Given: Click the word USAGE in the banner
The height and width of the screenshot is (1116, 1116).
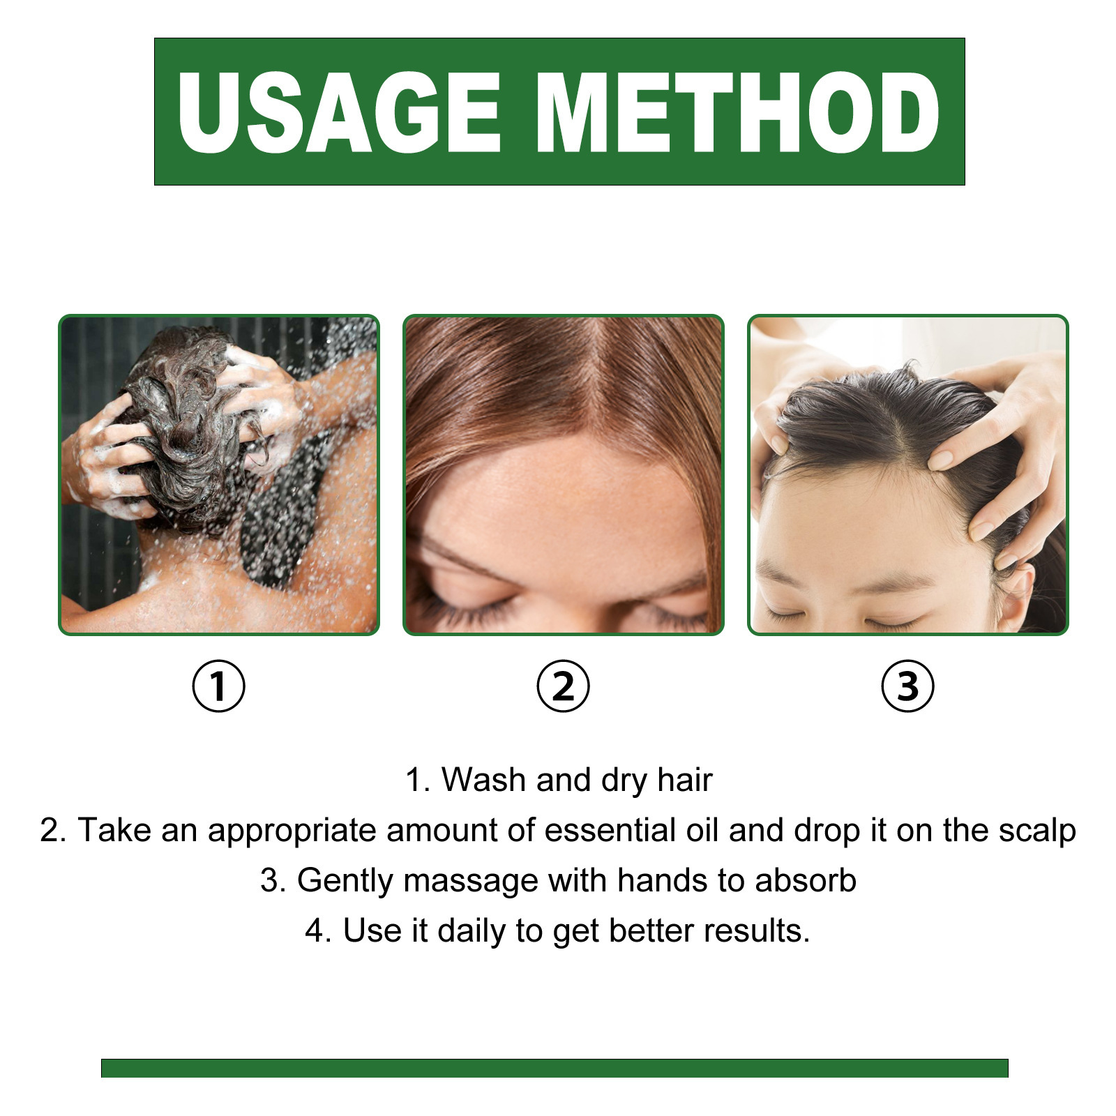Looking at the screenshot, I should tap(340, 113).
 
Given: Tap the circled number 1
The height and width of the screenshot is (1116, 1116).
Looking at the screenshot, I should tap(218, 686).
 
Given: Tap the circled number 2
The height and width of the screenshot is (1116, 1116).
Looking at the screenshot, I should tap(563, 686).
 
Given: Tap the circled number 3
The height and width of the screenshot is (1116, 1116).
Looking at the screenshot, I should tap(907, 686).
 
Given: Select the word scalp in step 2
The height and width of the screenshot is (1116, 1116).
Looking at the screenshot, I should tap(1037, 830).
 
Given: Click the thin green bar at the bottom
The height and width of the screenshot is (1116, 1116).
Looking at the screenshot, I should tap(555, 1068).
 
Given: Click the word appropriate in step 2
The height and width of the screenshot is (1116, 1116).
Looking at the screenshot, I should tap(292, 831).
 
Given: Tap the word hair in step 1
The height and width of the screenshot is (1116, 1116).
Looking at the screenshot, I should tap(684, 780).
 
